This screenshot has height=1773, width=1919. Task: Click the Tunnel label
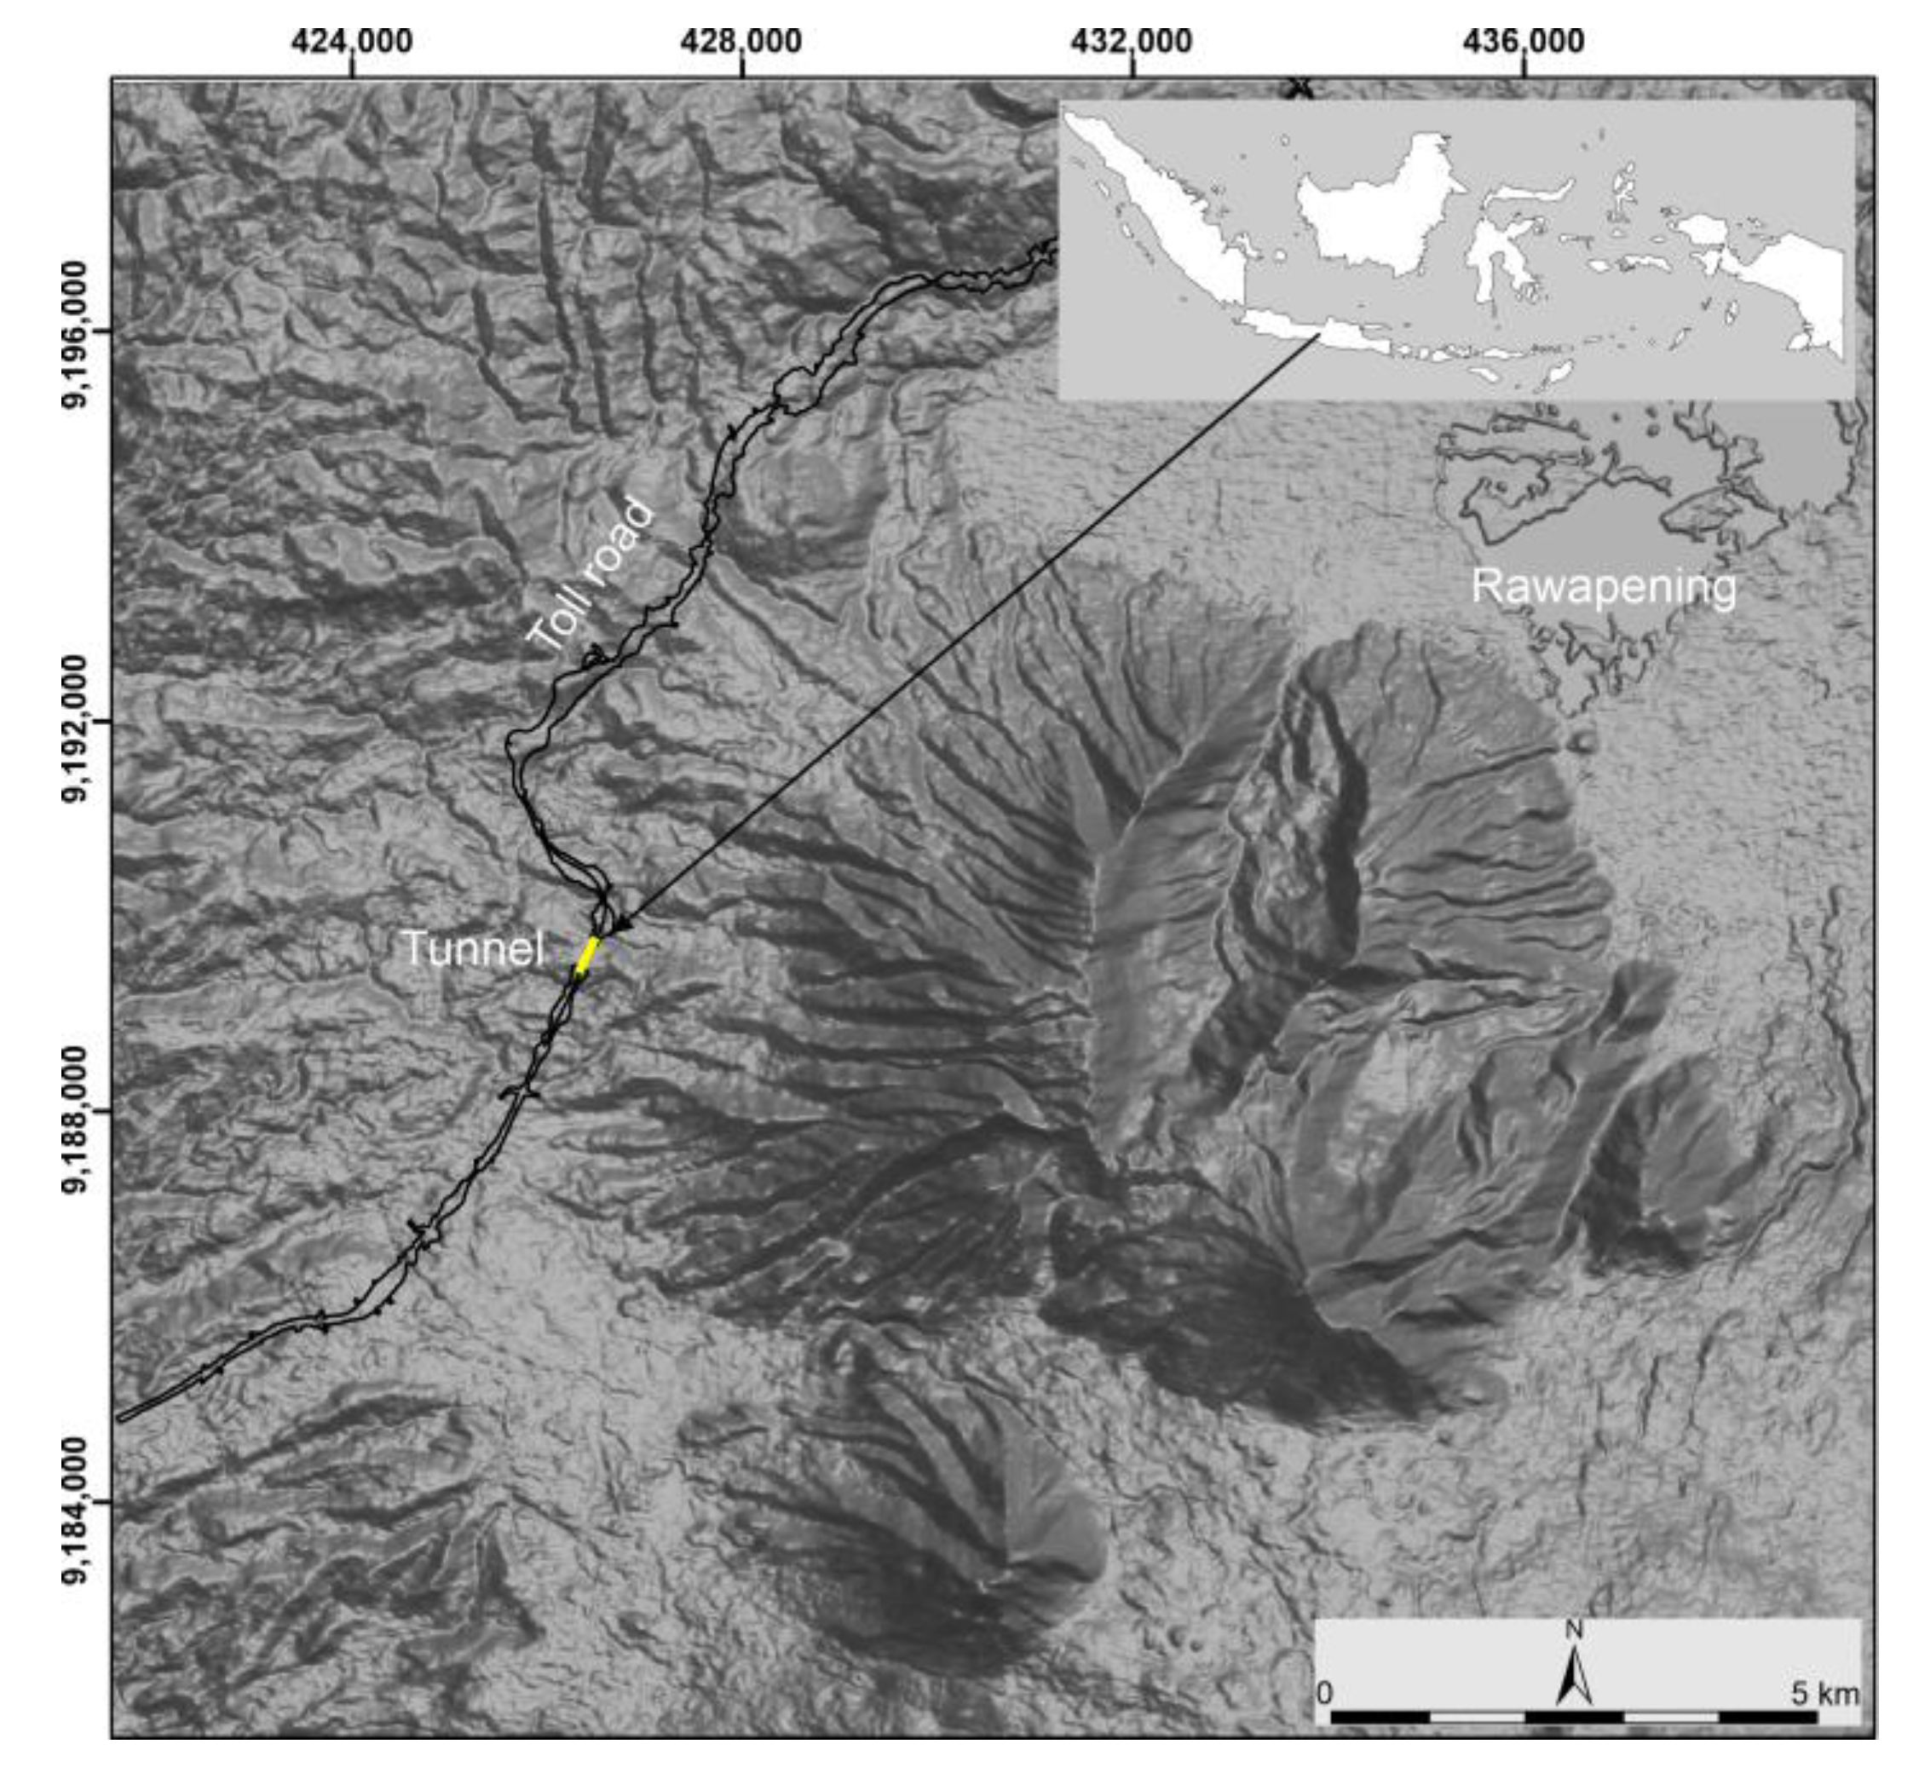point(472,949)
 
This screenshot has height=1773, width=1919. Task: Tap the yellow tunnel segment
point(587,956)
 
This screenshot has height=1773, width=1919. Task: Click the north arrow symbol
point(1574,1673)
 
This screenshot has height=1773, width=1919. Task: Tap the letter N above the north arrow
point(1574,1630)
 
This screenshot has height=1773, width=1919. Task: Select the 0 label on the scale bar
point(1325,1694)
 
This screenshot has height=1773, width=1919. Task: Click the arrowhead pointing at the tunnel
point(622,925)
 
